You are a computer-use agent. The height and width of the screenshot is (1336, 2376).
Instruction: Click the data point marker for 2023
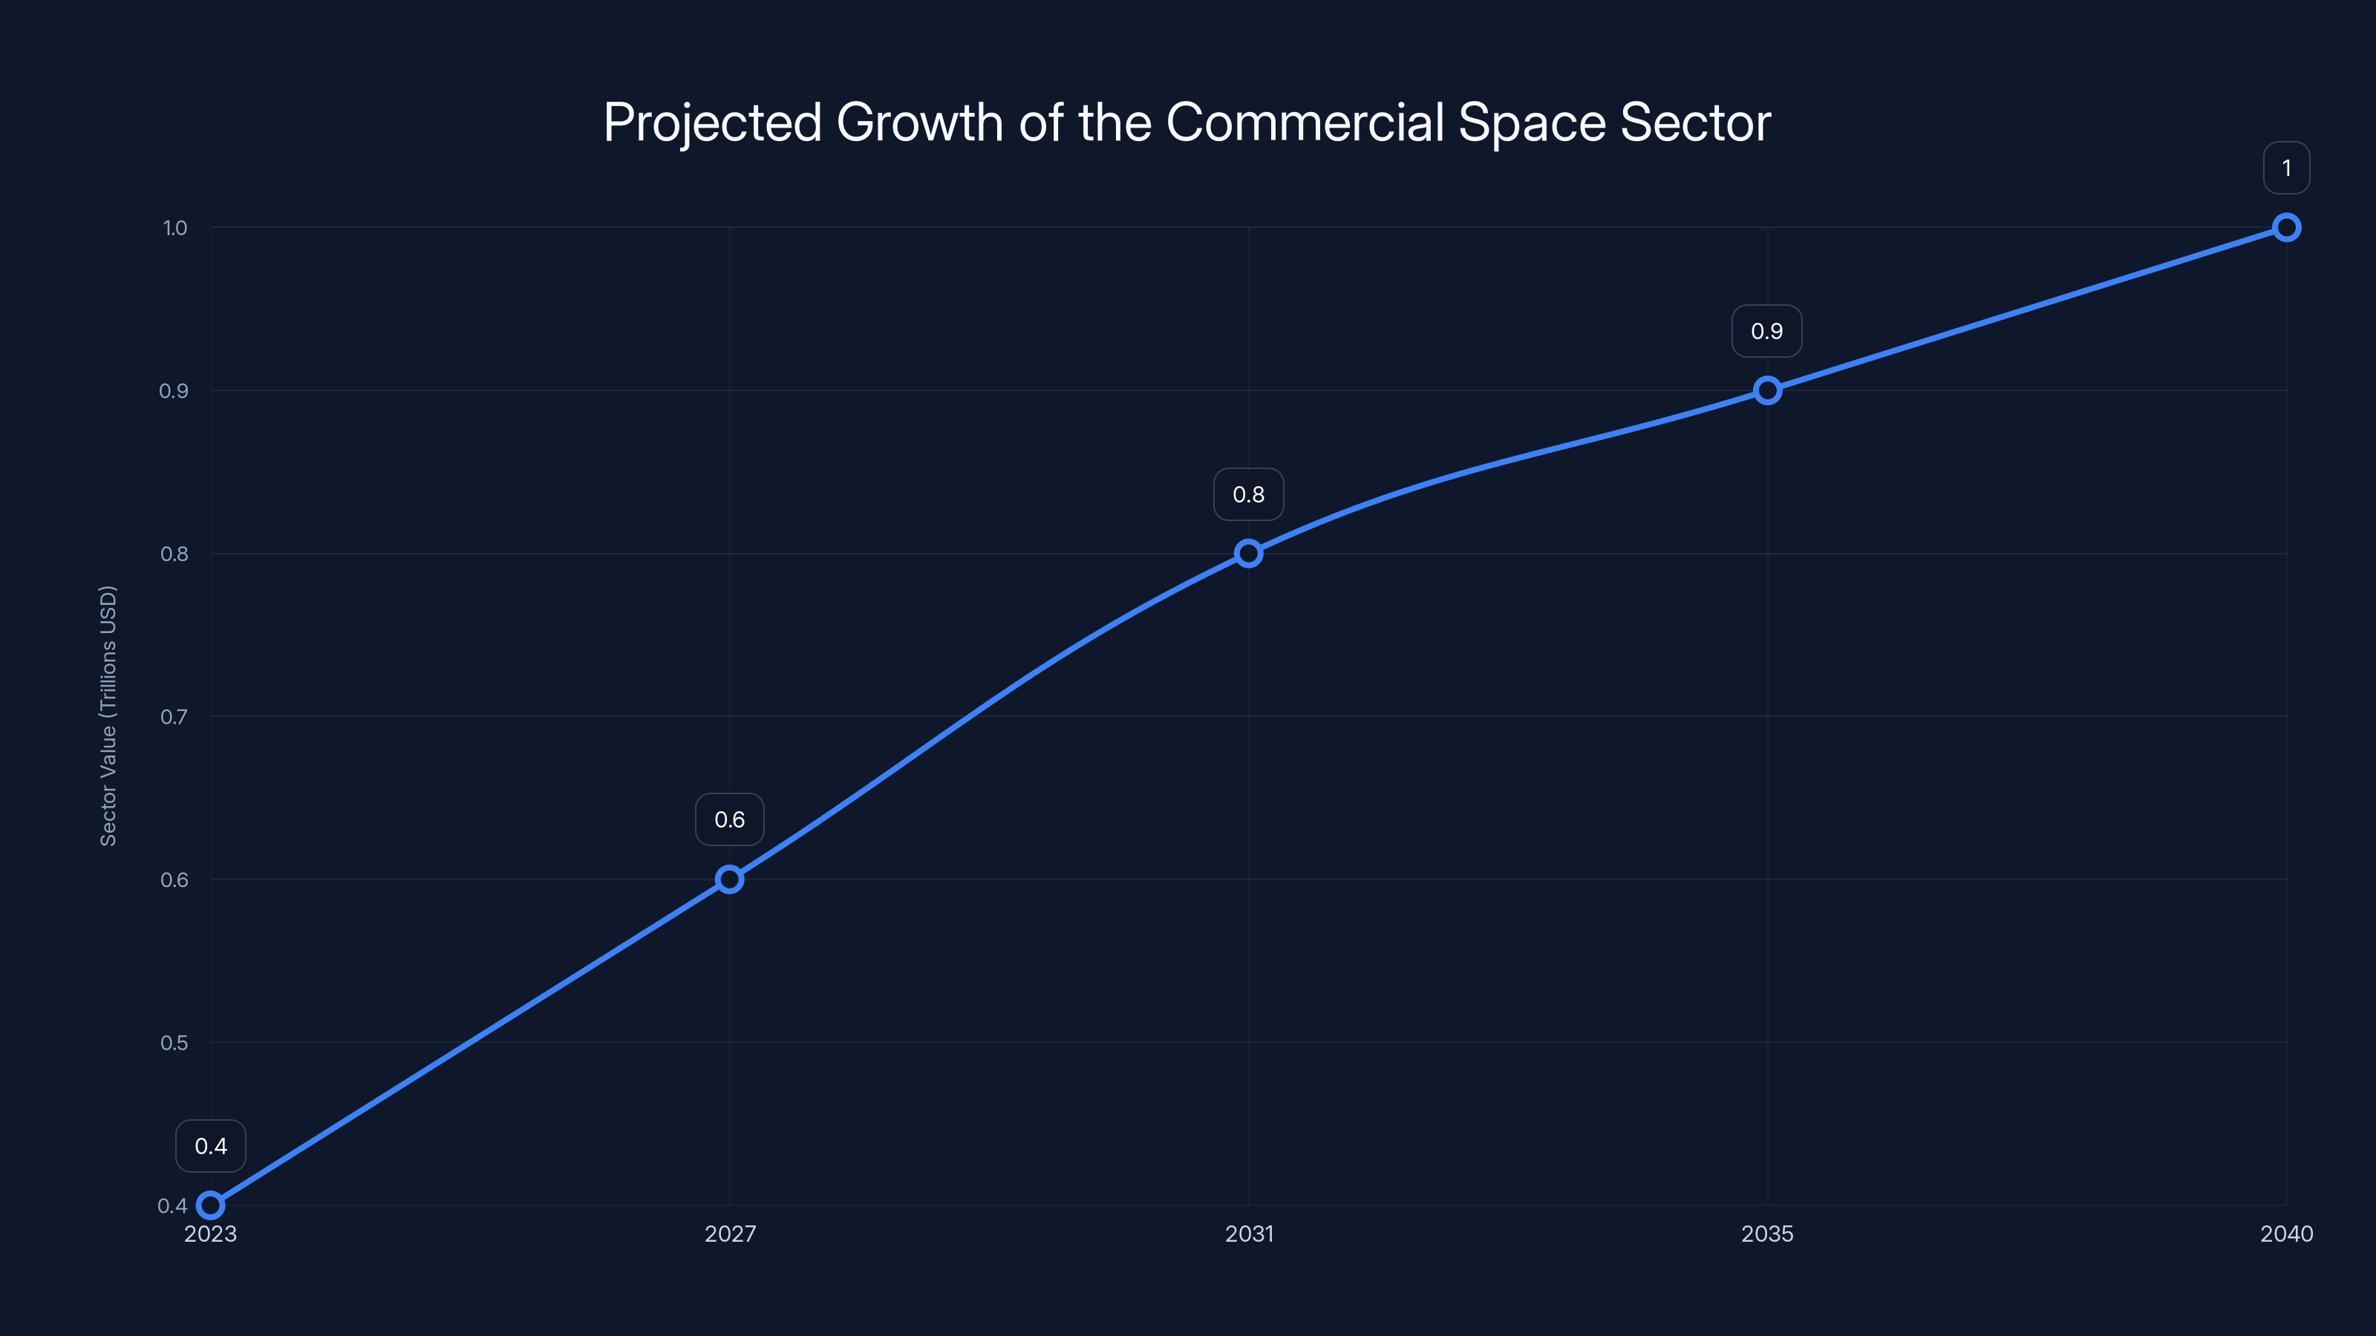coord(210,1205)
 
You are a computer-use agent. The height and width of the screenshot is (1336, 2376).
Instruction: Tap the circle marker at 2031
coord(1248,553)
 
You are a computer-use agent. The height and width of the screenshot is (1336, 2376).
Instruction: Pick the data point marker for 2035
coord(1767,390)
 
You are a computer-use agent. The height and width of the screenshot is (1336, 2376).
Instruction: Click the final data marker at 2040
coord(2285,228)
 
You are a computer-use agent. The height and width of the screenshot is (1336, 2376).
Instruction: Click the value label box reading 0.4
coord(210,1146)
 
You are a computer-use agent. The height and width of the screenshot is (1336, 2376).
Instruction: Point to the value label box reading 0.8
coord(1248,494)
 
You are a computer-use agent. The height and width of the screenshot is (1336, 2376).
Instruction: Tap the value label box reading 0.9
coord(1767,331)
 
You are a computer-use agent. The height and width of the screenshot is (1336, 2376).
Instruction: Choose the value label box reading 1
coord(2285,168)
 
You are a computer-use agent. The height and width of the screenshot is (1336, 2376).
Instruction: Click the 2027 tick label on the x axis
coord(730,1234)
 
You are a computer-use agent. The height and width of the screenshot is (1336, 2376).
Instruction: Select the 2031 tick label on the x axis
coord(1249,1234)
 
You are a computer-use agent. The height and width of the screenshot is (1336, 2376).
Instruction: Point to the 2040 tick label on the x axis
coord(2285,1234)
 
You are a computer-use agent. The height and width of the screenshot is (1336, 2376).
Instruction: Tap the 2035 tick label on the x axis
coord(1767,1234)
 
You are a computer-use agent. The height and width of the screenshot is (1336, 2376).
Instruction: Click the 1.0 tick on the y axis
coord(174,228)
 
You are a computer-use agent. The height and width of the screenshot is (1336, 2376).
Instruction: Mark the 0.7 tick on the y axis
coord(174,716)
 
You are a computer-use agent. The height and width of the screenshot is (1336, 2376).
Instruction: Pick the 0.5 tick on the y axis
coord(174,1043)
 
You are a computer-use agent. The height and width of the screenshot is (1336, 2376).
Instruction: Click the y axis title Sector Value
coord(108,716)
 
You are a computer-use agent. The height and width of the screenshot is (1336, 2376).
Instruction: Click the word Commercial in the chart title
coord(1305,122)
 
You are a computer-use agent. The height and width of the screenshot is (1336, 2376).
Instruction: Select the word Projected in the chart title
coord(712,122)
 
